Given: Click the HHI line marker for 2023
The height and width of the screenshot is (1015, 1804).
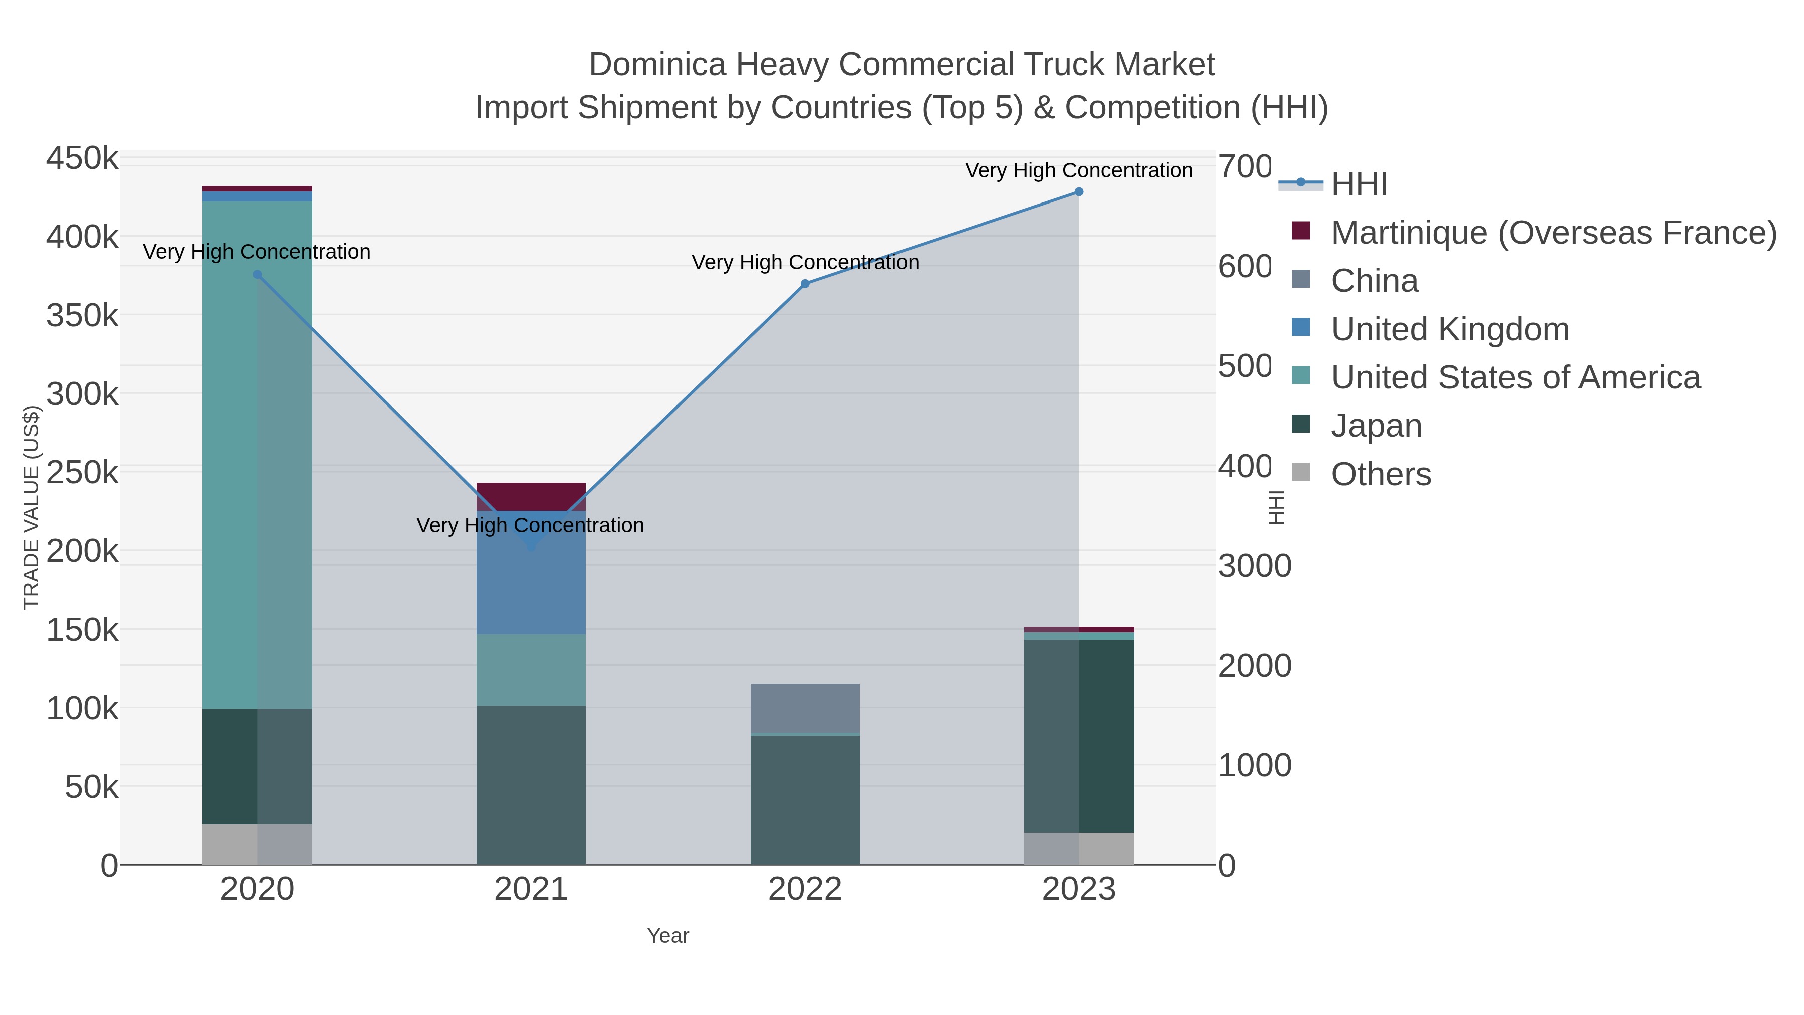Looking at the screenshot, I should point(1078,192).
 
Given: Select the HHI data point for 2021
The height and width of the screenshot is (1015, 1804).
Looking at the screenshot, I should point(531,546).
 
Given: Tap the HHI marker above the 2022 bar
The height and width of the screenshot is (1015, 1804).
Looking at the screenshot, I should point(805,284).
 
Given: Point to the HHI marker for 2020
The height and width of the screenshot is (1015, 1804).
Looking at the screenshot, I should point(257,275).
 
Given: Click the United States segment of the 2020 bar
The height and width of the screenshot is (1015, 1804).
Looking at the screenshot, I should point(257,455).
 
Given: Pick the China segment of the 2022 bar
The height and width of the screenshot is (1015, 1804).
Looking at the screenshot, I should point(805,707).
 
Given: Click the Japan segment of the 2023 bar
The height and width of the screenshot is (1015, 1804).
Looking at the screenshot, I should point(1078,735).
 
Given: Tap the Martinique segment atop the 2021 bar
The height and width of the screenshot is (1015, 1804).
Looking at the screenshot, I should point(531,496).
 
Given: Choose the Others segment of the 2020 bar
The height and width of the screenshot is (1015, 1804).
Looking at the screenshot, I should point(257,844).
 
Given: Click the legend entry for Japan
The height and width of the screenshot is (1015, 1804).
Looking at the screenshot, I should point(1376,426).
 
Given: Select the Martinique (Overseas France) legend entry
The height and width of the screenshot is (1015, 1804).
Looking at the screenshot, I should point(1553,233).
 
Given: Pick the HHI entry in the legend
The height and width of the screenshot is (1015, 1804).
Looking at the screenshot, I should point(1359,184).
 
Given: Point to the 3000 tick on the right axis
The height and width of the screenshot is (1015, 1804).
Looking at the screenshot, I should point(1254,566).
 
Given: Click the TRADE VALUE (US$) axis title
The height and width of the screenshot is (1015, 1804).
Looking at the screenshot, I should point(32,507).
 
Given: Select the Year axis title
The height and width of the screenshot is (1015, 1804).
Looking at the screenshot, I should point(667,936).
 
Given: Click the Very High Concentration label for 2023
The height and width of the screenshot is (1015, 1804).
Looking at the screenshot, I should point(1078,170).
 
